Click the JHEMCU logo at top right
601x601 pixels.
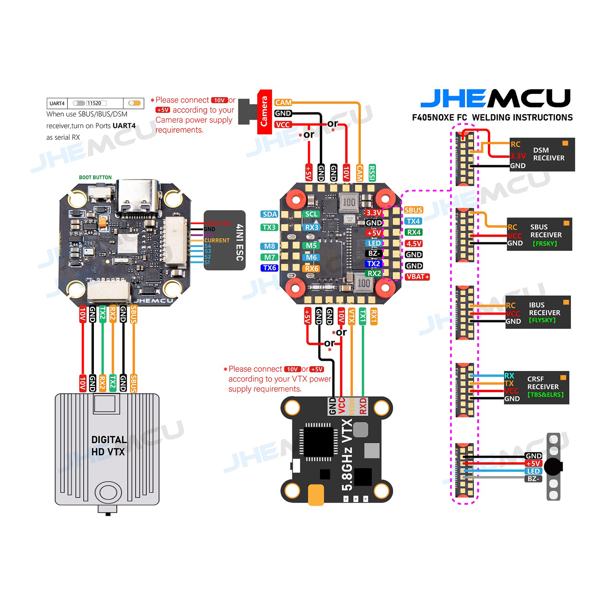495,98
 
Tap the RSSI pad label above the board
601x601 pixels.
371,173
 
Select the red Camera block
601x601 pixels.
264,112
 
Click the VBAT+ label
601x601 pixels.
417,277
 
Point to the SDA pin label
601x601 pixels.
269,214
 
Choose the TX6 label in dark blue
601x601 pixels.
269,268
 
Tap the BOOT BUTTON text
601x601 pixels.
95,177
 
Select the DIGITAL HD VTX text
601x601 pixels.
108,445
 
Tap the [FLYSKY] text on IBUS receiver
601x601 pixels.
542,320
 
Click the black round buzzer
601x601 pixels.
553,467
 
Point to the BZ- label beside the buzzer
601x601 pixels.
533,479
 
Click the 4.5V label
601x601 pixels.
414,243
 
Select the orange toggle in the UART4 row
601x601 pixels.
134,103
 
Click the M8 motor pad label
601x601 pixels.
269,246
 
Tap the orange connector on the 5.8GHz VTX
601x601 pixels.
316,495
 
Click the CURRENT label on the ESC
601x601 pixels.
217,240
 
